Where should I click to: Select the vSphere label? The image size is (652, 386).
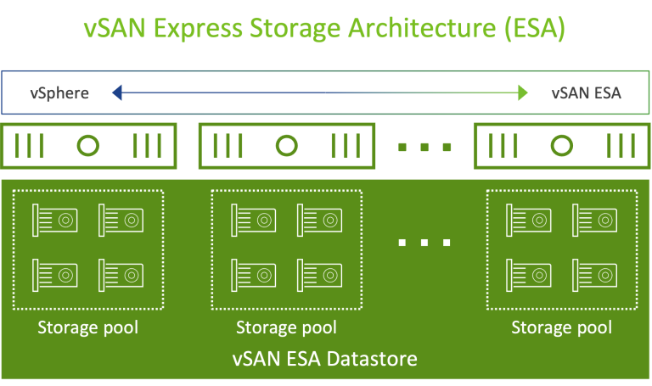click(x=59, y=92)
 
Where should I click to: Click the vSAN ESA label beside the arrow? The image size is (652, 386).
click(x=586, y=92)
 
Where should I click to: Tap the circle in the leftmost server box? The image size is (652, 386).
click(x=89, y=146)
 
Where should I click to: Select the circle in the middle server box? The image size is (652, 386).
click(x=287, y=146)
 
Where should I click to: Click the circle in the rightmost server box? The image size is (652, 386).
click(x=561, y=146)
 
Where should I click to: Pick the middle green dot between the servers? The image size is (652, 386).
click(x=424, y=147)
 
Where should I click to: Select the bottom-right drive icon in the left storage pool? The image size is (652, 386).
click(x=121, y=273)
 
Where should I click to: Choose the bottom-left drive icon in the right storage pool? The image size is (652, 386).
click(x=529, y=273)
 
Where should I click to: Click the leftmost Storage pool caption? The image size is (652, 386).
click(x=87, y=327)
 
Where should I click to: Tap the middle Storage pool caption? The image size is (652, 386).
click(x=286, y=327)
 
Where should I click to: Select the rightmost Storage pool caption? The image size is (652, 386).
click(x=561, y=327)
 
